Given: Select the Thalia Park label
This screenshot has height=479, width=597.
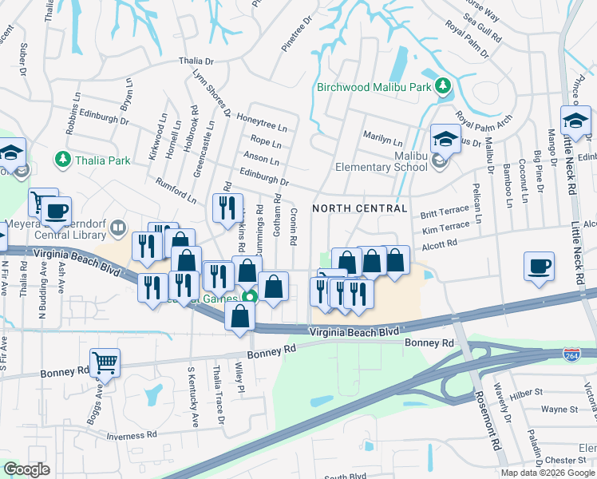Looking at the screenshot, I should pos(103,160).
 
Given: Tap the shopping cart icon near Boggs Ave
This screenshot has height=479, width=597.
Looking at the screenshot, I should pos(105,363).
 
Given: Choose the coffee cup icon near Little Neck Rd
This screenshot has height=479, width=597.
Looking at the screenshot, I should pos(540,266).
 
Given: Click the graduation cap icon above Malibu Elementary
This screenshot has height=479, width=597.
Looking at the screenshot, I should pos(445,139).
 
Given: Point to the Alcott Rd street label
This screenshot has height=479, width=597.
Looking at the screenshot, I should pos(440,243).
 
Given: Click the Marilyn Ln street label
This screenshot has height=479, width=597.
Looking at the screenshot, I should pos(380,136).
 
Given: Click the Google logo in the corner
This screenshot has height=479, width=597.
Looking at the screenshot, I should pos(26,469).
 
